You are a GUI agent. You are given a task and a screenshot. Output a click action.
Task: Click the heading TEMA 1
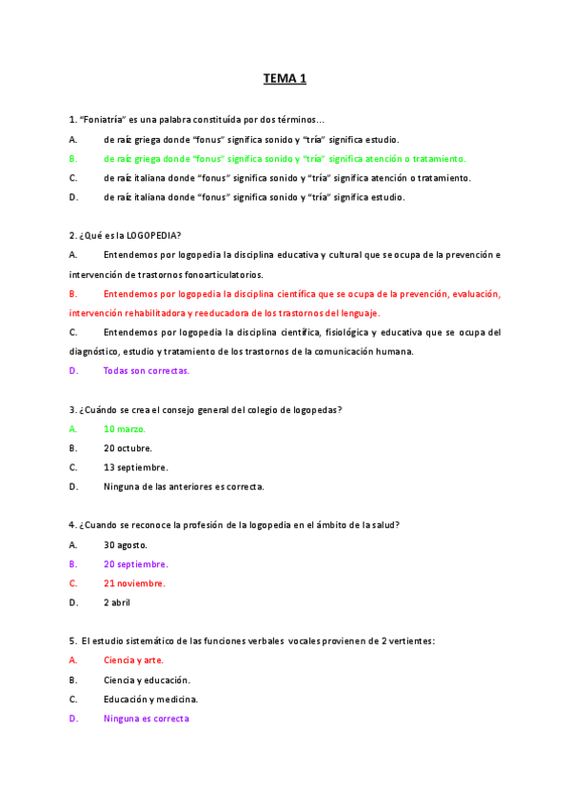pyautogui.click(x=285, y=79)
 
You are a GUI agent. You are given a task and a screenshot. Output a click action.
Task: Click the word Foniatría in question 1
pyautogui.click(x=104, y=120)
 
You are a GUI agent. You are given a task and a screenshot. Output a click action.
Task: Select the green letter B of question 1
pyautogui.click(x=73, y=159)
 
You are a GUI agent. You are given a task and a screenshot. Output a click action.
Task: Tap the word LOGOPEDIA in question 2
pyautogui.click(x=155, y=236)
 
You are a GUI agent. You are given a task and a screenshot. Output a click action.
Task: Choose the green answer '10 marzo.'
pyautogui.click(x=125, y=429)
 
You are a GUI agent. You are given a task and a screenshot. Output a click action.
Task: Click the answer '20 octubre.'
pyautogui.click(x=128, y=448)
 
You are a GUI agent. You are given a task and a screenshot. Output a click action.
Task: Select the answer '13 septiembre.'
pyautogui.click(x=136, y=467)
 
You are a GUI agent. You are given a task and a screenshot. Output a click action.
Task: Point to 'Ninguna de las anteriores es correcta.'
pyautogui.click(x=184, y=486)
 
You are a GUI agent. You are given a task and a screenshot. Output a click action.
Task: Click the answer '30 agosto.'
pyautogui.click(x=125, y=545)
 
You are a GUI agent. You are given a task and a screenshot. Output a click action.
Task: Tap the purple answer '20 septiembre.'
pyautogui.click(x=136, y=564)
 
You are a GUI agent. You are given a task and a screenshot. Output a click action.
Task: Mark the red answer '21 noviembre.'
pyautogui.click(x=134, y=583)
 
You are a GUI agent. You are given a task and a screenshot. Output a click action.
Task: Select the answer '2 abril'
pyautogui.click(x=117, y=602)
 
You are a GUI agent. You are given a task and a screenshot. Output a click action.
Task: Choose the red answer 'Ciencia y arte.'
pyautogui.click(x=133, y=660)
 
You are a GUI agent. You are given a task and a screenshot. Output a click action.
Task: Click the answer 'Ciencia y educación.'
pyautogui.click(x=147, y=680)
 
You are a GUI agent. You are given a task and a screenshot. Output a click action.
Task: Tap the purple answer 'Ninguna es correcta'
pyautogui.click(x=147, y=718)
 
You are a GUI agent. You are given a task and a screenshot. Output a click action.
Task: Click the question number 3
pyautogui.click(x=72, y=410)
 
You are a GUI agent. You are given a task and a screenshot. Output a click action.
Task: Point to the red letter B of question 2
pyautogui.click(x=73, y=294)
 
